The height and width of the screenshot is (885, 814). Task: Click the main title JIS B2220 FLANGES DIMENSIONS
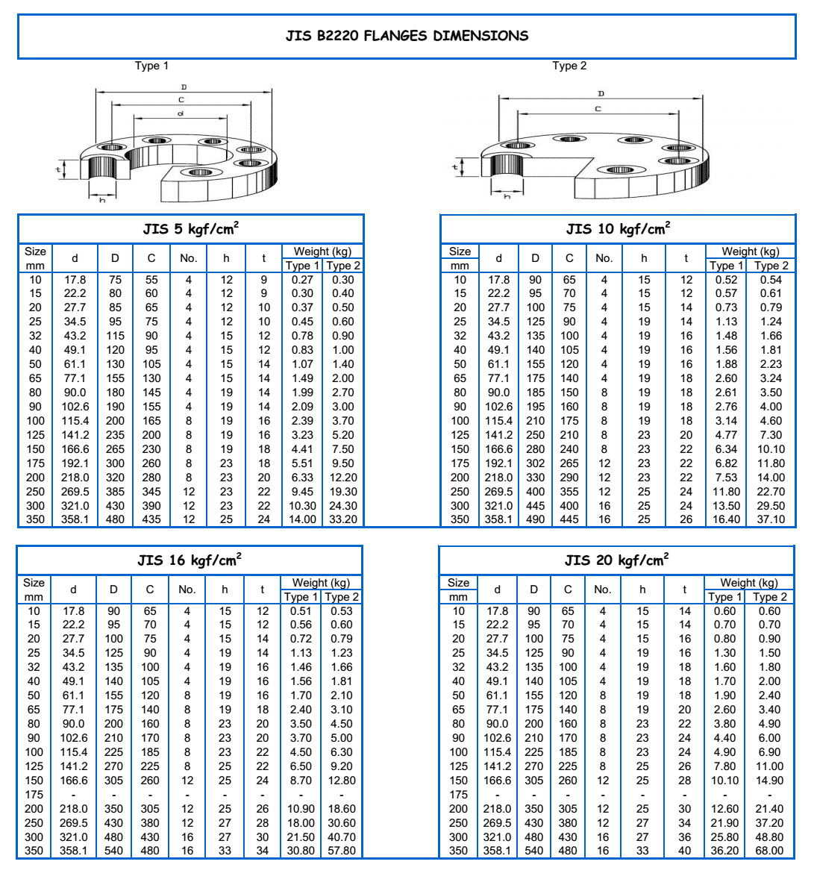tap(407, 36)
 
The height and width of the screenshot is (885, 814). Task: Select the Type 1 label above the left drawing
tap(151, 66)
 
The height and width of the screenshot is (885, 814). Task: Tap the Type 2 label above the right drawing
tap(569, 66)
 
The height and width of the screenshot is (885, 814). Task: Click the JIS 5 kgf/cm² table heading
tap(191, 229)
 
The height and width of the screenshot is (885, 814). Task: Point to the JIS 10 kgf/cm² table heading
tap(618, 229)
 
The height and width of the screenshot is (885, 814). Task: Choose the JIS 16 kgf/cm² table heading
tap(190, 560)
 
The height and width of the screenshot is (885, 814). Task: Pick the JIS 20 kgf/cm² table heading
tap(616, 560)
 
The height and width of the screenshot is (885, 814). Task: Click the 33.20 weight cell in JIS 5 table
tap(343, 519)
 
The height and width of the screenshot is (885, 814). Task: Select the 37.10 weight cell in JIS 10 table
tap(771, 519)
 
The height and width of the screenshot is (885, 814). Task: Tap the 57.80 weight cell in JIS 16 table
tap(342, 851)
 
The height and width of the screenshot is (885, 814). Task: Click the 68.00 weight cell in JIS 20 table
tap(769, 851)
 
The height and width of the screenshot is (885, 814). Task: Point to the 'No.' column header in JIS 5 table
tap(188, 258)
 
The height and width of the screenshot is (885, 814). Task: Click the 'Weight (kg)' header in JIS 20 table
tap(748, 583)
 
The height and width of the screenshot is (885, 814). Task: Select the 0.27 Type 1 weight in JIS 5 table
tap(302, 280)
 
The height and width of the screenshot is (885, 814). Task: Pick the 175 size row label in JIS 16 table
tap(34, 795)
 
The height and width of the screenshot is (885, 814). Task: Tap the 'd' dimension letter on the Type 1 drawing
tap(180, 113)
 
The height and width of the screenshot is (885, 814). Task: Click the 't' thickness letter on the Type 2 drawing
tap(455, 167)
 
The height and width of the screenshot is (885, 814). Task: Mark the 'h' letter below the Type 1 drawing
tap(102, 201)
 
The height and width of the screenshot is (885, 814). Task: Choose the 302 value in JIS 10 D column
tap(535, 463)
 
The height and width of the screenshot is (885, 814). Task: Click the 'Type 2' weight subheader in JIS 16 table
tap(342, 597)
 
